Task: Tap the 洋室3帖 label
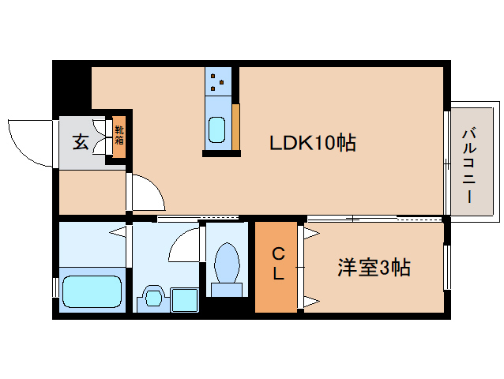(x=374, y=268)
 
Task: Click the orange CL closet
(x=276, y=267)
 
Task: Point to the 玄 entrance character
(x=81, y=143)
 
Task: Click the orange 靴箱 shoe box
(x=119, y=136)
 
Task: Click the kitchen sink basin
(x=216, y=128)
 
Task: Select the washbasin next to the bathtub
(x=152, y=297)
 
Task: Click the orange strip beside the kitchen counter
(x=235, y=125)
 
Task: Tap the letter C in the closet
(x=277, y=253)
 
